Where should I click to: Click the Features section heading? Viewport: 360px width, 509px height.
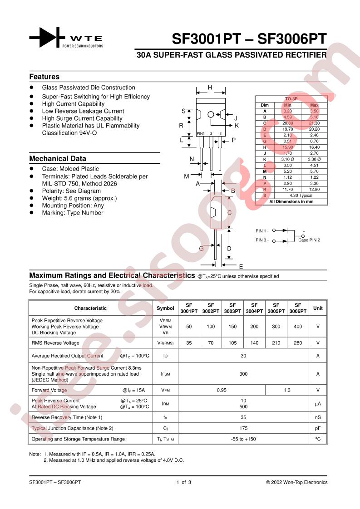[44, 77]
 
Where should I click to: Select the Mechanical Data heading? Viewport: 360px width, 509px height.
[58, 159]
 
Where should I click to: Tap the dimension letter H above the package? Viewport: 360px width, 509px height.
[210, 88]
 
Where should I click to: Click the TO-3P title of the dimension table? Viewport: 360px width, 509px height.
[291, 98]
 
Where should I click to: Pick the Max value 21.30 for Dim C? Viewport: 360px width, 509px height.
[314, 123]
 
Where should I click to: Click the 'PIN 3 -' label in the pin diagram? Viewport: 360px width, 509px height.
[262, 240]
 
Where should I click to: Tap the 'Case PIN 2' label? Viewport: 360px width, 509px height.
[309, 240]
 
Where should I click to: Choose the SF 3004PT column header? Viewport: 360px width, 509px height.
[254, 308]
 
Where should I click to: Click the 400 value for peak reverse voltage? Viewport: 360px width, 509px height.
[298, 327]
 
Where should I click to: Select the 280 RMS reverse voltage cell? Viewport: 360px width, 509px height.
[298, 343]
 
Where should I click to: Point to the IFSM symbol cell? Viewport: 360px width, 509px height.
[165, 374]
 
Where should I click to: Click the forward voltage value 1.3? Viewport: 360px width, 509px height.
[287, 390]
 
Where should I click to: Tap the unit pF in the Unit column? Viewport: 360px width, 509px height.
[318, 428]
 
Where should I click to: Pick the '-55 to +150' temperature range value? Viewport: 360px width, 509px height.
[243, 439]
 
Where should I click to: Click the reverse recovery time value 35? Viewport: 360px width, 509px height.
[243, 417]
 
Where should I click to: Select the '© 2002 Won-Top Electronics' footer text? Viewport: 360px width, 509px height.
[296, 482]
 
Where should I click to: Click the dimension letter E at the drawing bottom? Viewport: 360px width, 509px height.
[241, 266]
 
